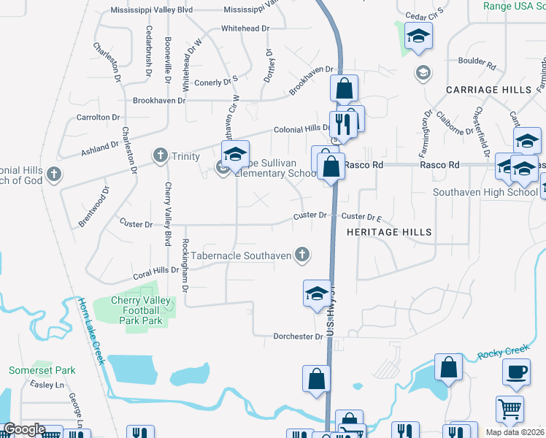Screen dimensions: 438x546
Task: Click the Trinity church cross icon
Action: (x=161, y=155)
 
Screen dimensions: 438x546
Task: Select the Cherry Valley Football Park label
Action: (x=141, y=310)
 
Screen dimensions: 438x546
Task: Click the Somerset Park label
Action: (x=32, y=371)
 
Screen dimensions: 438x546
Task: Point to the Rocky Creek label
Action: (x=504, y=353)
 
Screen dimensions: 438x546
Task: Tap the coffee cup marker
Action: (x=516, y=372)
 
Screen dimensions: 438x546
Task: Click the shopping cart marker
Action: (x=510, y=410)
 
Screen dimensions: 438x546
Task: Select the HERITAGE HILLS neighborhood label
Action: (x=389, y=232)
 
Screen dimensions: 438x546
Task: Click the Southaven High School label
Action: (x=485, y=193)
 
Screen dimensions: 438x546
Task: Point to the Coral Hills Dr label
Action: (x=155, y=272)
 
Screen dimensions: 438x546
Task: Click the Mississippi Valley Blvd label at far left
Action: (x=151, y=11)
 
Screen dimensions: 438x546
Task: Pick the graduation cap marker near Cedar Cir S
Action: (x=418, y=36)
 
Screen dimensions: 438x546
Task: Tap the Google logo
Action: (x=24, y=430)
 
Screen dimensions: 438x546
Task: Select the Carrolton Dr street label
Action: (x=98, y=118)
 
